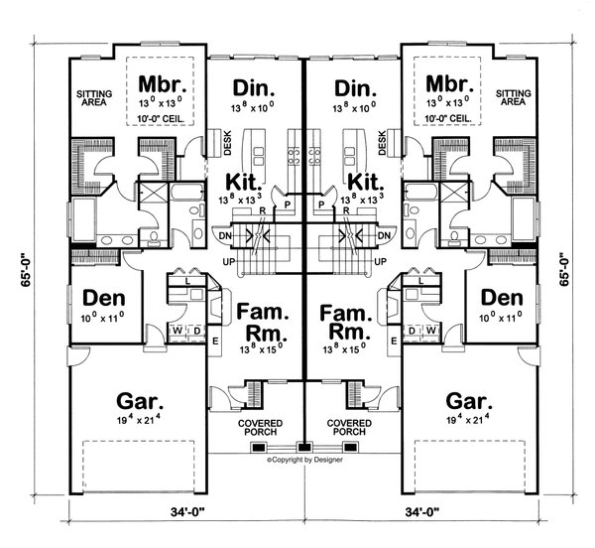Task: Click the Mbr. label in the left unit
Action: coord(159,82)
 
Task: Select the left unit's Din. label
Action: coord(252,86)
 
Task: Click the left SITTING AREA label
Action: coord(94,96)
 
